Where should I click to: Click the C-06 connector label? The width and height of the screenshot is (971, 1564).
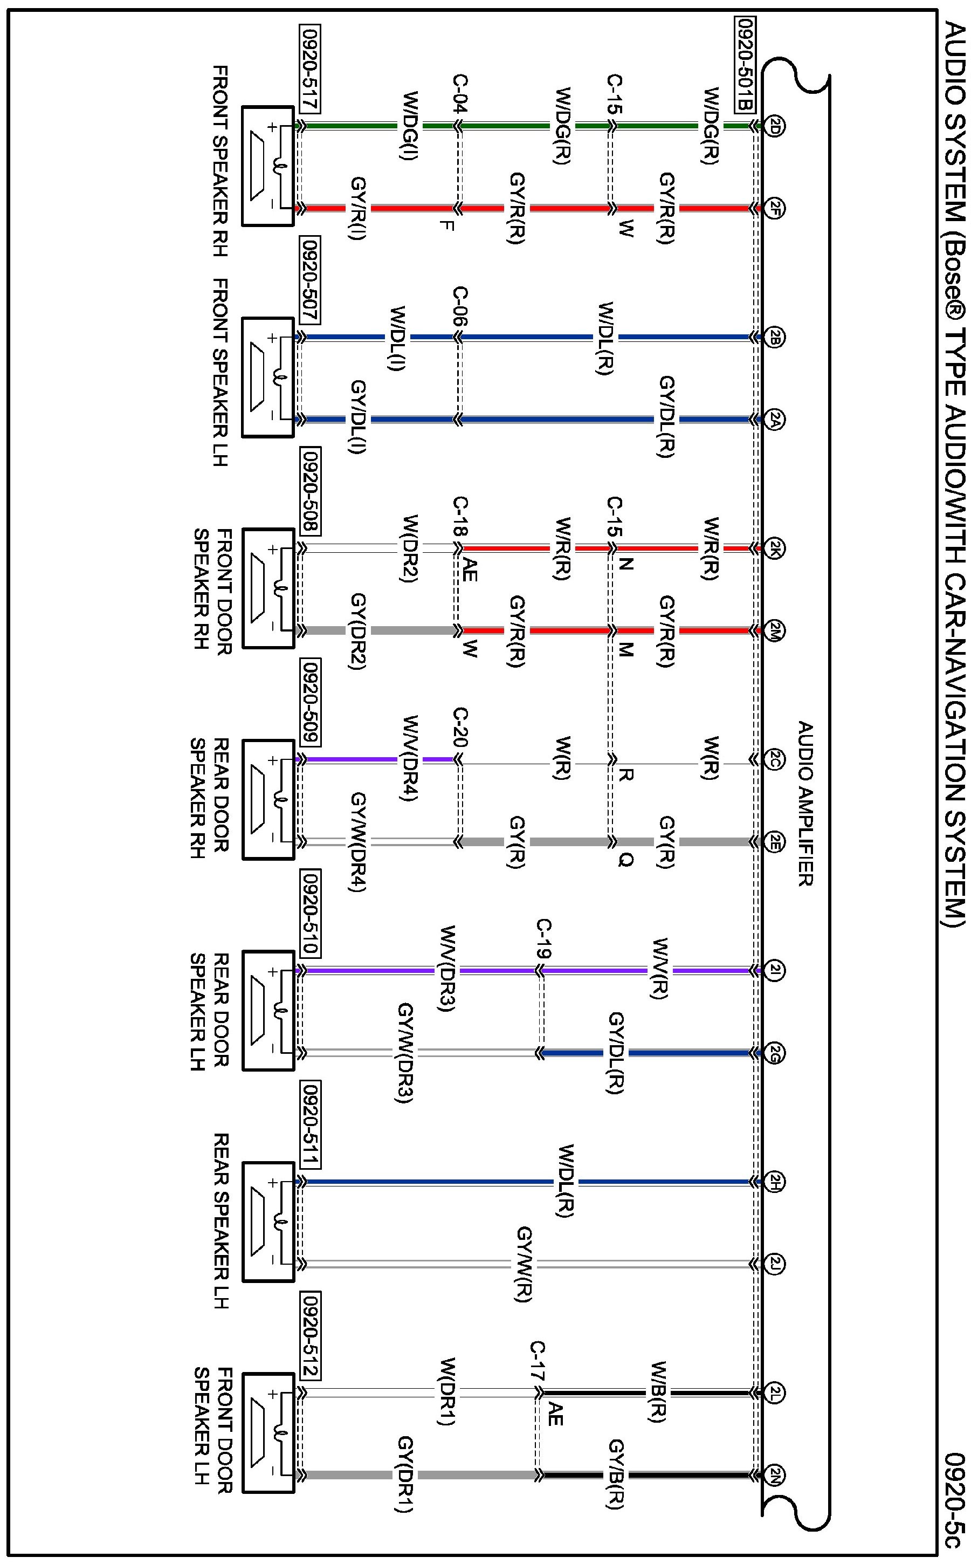point(460,306)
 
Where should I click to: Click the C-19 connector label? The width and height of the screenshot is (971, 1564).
point(543,939)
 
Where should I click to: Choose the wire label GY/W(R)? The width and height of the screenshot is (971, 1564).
point(525,1265)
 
